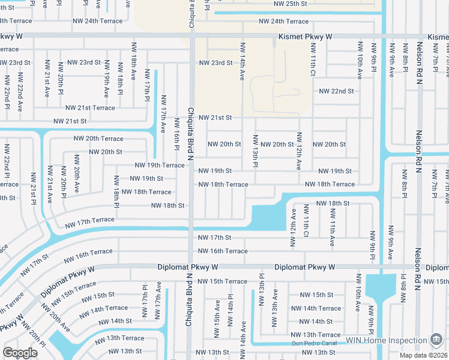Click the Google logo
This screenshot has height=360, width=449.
pyautogui.click(x=20, y=353)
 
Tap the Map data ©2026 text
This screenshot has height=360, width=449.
pyautogui.click(x=424, y=356)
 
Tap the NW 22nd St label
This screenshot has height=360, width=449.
pyautogui.click(x=337, y=91)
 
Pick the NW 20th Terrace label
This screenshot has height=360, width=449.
pyautogui.click(x=98, y=139)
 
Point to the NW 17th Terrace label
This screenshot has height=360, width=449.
pyautogui.click(x=90, y=220)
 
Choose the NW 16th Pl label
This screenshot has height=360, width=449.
pyautogui.click(x=177, y=135)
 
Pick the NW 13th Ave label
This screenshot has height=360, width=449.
pyautogui.click(x=275, y=304)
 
